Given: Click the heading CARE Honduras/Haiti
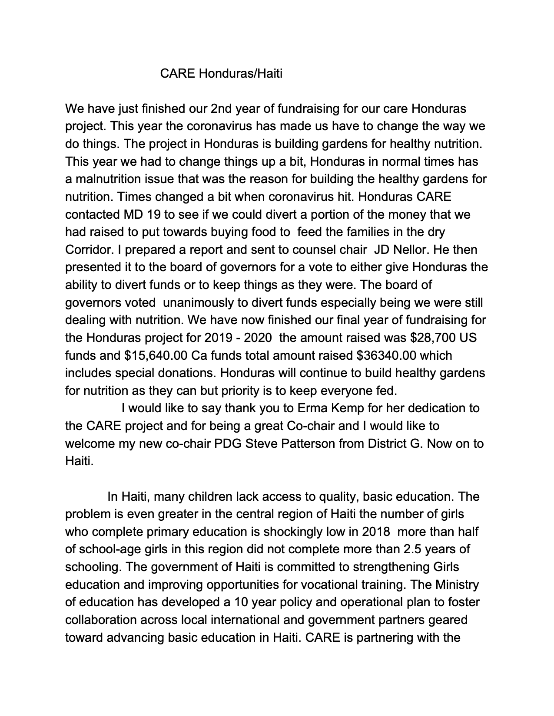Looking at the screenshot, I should pos(221,73).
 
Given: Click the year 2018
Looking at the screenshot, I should pos(375,532).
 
